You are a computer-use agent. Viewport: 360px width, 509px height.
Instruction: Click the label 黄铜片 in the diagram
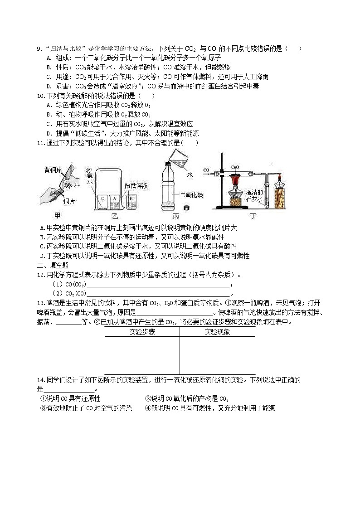pyautogui.click(x=53, y=170)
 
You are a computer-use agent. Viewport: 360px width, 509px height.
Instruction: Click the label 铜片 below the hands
pyautogui.click(x=69, y=201)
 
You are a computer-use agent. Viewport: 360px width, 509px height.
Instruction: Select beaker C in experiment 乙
pyautogui.click(x=102, y=198)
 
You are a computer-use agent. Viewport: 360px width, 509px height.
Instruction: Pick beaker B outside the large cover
pyautogui.click(x=131, y=198)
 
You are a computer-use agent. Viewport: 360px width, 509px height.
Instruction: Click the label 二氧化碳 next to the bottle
pyautogui.click(x=191, y=195)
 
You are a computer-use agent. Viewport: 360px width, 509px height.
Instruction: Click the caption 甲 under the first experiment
pyautogui.click(x=57, y=217)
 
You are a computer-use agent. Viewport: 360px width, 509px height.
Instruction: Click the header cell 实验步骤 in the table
pyautogui.click(x=142, y=332)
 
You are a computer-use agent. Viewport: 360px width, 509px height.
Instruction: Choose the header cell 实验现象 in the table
pyautogui.click(x=217, y=332)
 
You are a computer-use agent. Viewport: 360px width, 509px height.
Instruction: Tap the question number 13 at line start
pyautogui.click(x=40, y=303)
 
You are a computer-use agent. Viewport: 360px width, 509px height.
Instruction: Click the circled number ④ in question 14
pyautogui.click(x=147, y=408)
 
